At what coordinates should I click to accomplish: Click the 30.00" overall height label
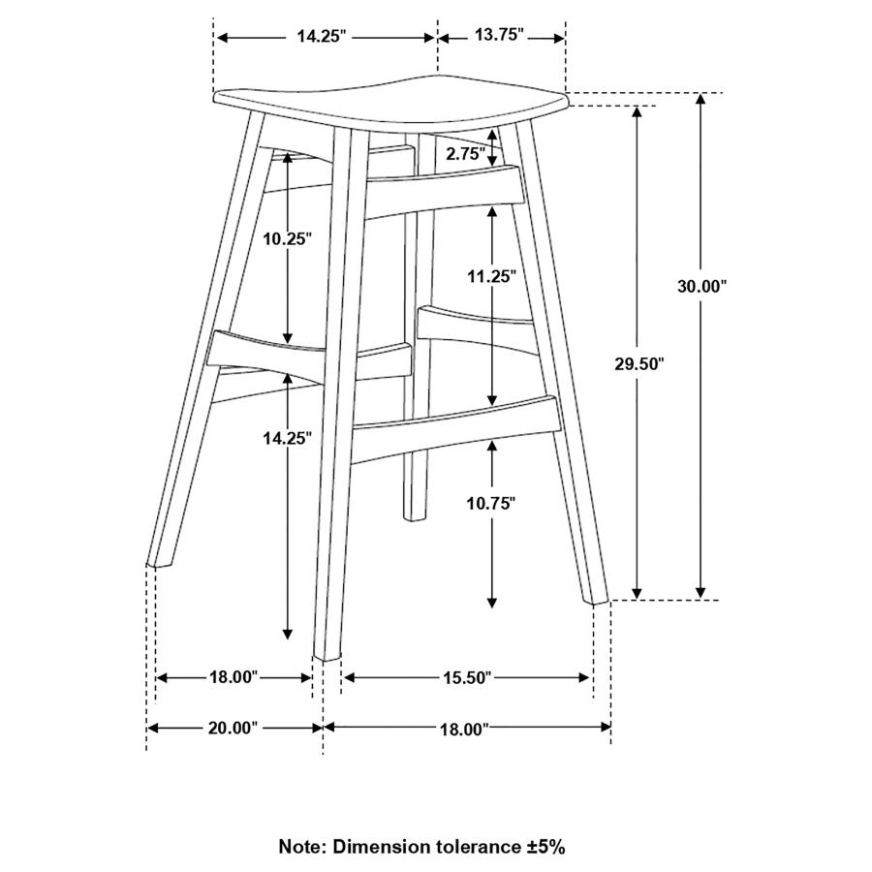(701, 287)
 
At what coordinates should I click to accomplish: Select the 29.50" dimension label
(639, 364)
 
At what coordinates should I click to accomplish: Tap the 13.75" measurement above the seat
(499, 35)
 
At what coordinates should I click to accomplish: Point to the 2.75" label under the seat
(465, 154)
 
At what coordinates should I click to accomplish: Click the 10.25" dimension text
(287, 239)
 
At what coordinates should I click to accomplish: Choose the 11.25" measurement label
(491, 276)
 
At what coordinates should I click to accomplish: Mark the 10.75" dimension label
(491, 504)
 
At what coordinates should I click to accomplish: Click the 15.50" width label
(467, 678)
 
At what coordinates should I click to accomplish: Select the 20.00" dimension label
(233, 728)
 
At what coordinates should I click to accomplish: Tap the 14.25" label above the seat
(321, 37)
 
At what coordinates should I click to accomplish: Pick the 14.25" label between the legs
(287, 439)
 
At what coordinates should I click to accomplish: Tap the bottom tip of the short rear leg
(414, 519)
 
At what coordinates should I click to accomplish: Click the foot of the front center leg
(327, 657)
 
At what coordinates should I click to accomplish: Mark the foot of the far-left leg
(159, 563)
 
